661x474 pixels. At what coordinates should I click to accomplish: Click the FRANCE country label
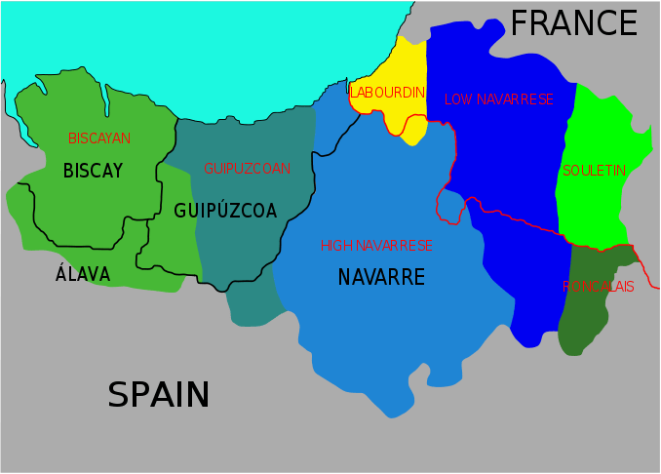click(x=573, y=23)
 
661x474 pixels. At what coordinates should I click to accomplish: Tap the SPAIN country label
click(x=158, y=395)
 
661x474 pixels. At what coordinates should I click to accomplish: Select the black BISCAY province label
click(x=93, y=172)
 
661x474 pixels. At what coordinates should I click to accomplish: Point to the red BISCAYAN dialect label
click(x=99, y=138)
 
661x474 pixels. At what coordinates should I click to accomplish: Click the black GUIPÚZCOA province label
click(x=225, y=211)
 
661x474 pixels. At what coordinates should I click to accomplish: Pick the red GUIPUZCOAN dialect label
click(x=247, y=169)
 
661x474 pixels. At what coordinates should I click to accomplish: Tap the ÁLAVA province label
click(x=83, y=275)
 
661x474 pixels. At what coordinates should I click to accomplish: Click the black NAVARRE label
click(x=381, y=278)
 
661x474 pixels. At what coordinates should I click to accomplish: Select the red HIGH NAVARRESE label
click(x=376, y=246)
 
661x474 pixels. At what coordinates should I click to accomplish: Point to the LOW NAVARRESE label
click(x=498, y=99)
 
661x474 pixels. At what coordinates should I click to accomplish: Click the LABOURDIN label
click(x=387, y=93)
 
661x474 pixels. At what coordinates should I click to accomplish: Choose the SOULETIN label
click(x=594, y=171)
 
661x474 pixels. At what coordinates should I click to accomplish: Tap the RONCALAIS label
click(x=598, y=287)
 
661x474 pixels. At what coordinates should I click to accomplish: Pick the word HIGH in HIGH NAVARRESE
click(x=334, y=246)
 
